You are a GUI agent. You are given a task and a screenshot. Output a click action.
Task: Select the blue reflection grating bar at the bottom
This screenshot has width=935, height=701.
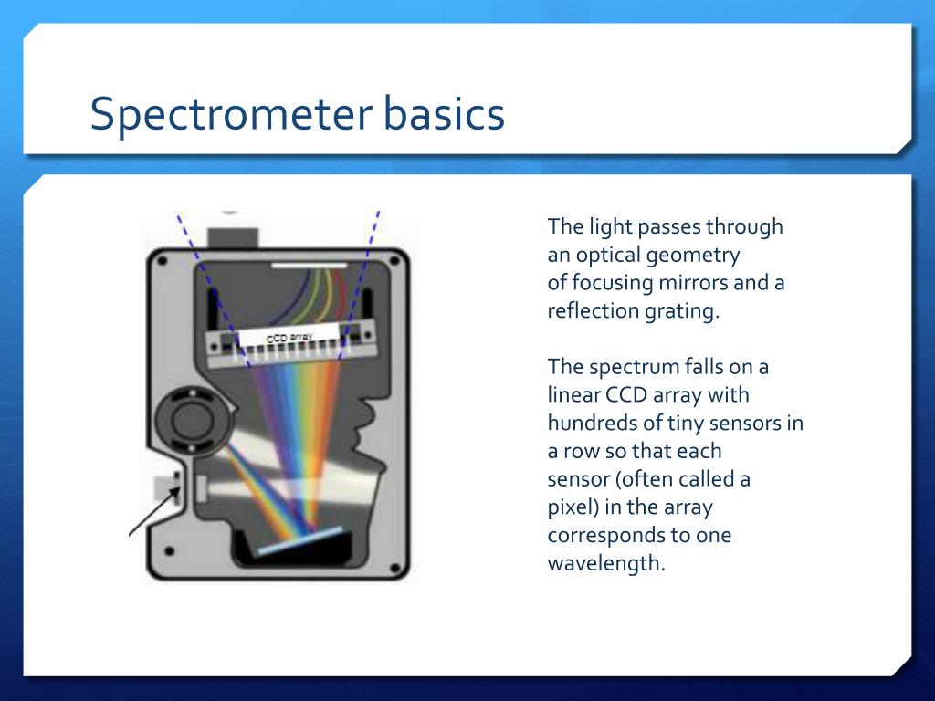pos(300,540)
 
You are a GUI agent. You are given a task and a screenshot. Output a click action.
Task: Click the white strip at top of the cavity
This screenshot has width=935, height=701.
pos(310,265)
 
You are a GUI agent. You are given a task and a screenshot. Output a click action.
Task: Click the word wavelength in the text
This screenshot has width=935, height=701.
pos(604,563)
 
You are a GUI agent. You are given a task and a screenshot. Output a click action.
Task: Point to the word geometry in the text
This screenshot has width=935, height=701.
pos(694,255)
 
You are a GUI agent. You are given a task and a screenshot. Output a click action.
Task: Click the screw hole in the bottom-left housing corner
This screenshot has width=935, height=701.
pos(169,550)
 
